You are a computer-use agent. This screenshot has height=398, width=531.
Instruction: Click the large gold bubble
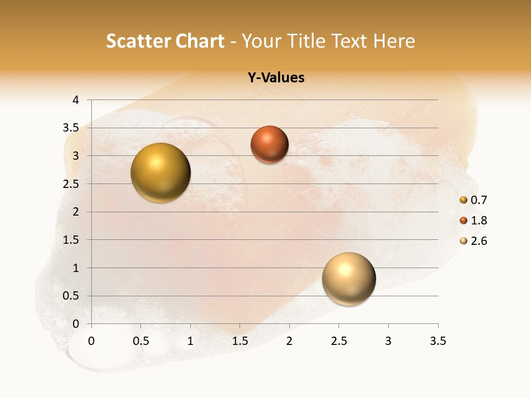coord(161,172)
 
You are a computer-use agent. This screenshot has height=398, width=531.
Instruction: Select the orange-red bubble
coord(269,144)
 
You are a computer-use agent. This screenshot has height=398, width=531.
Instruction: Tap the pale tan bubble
coord(348,279)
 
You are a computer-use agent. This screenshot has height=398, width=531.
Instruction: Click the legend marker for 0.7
coord(464,200)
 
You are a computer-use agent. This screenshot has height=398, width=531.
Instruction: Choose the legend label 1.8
coord(479,221)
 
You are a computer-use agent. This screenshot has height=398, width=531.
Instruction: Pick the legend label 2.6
coord(479,241)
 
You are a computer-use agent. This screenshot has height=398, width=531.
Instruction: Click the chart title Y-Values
coord(276,78)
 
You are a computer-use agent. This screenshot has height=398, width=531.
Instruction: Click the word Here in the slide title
coord(394,41)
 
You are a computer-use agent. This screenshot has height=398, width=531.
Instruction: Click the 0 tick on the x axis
coord(91,341)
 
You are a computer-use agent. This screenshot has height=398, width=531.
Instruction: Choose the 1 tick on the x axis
coord(190,341)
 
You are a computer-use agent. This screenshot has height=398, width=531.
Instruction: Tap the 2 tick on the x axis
coord(289,341)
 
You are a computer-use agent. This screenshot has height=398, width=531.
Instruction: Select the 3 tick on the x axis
coord(388,341)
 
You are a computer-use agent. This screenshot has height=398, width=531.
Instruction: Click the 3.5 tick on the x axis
coord(438,341)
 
